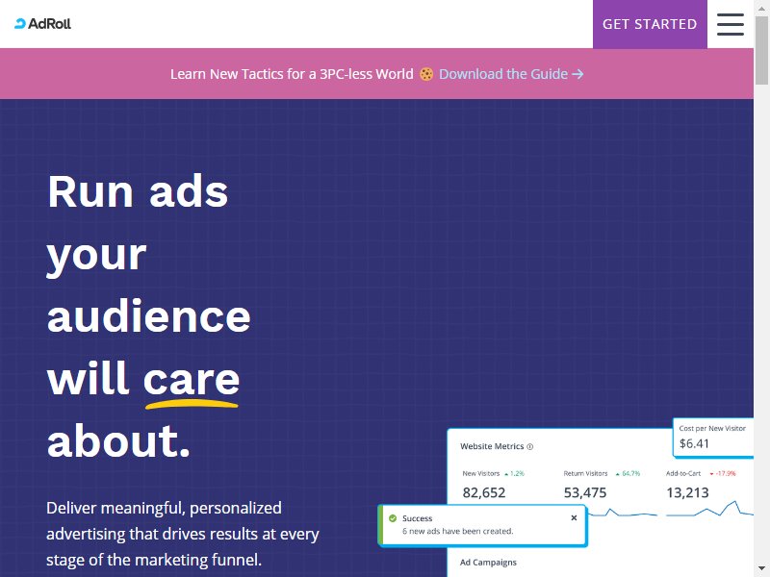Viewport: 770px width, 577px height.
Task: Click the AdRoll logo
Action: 42,23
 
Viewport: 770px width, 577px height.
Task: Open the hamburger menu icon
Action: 731,24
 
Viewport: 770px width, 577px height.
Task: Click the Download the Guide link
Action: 511,74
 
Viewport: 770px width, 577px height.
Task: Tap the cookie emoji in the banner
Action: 426,74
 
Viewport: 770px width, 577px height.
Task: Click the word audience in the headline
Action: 149,316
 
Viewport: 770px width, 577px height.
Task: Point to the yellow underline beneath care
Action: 192,404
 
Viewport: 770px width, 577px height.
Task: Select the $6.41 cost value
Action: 694,443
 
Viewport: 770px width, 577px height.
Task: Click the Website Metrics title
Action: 492,446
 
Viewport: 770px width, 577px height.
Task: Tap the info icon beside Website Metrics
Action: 530,447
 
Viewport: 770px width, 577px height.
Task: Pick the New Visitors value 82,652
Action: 484,492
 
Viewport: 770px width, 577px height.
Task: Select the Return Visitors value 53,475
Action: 585,492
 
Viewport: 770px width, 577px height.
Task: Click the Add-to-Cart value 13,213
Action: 687,492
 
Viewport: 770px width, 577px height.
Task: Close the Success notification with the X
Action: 574,517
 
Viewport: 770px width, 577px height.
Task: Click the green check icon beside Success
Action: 393,518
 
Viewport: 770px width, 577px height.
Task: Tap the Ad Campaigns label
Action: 488,563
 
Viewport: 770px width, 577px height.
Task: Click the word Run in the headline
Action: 90,191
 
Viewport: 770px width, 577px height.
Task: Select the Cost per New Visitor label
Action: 712,428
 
